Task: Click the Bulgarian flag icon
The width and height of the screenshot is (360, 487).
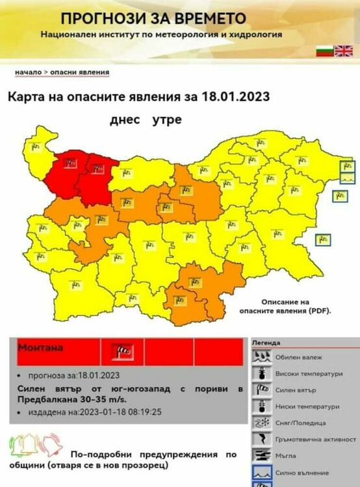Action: click(324, 51)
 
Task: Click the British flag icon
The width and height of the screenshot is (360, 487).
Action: click(342, 51)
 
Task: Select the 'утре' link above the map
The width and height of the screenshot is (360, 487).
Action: click(167, 120)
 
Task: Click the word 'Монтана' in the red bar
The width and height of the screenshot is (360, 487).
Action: click(40, 348)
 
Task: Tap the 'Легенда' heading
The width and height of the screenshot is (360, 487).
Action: click(266, 342)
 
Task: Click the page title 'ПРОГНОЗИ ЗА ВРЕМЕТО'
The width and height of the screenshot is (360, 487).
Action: click(153, 18)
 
